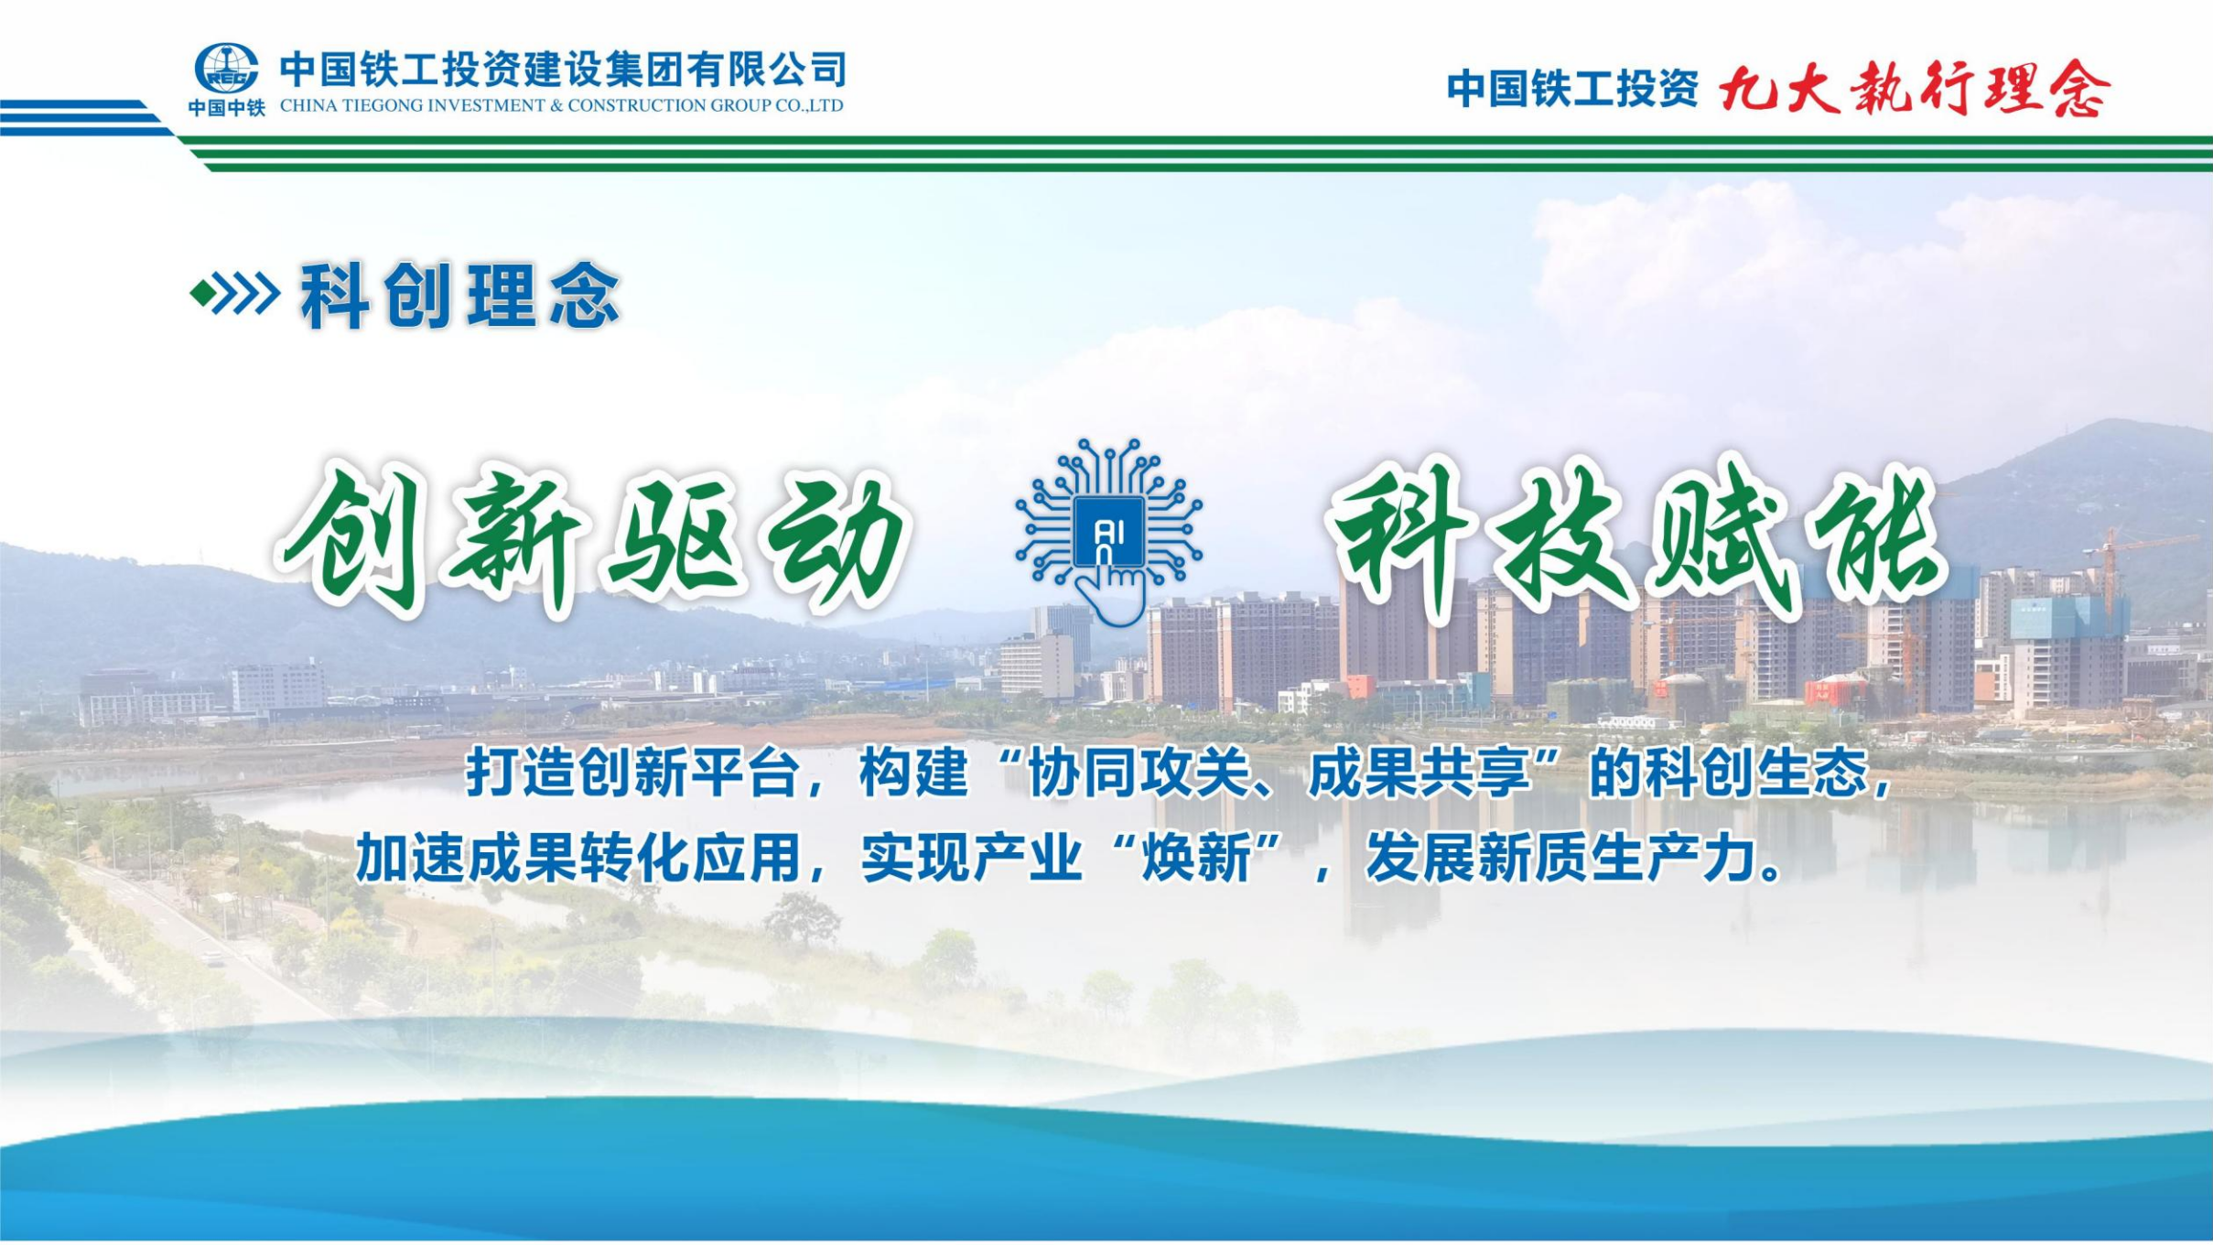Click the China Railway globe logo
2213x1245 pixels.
(226, 69)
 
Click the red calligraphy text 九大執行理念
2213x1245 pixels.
(1915, 89)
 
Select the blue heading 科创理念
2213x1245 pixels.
(460, 295)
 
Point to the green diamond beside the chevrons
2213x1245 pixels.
(202, 294)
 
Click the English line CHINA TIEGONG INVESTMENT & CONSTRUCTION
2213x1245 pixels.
(561, 106)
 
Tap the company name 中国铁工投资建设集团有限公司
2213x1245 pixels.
(563, 69)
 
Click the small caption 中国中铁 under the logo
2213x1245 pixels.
(226, 108)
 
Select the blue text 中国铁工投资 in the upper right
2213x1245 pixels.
(1571, 90)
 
